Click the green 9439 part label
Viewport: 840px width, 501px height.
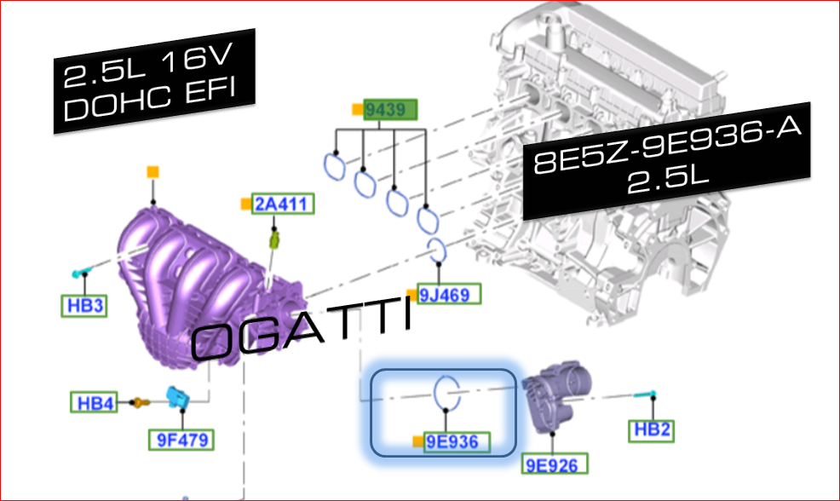pyautogui.click(x=390, y=110)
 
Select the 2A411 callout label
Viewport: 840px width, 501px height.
pyautogui.click(x=282, y=204)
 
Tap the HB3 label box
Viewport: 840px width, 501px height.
pyautogui.click(x=84, y=305)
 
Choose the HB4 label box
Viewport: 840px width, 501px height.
pyautogui.click(x=95, y=402)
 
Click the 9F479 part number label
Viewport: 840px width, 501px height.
pyautogui.click(x=181, y=440)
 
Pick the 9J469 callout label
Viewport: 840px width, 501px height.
pyautogui.click(x=449, y=294)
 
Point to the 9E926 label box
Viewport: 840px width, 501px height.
pyautogui.click(x=555, y=464)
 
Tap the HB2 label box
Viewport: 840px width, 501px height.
pyautogui.click(x=652, y=429)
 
